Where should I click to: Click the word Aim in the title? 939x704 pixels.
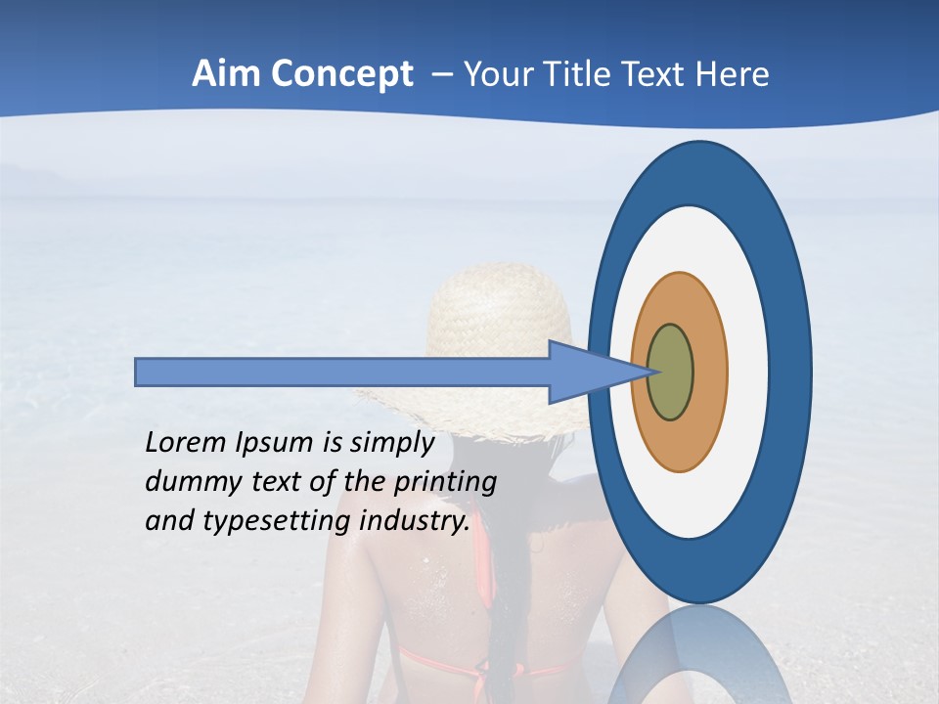(x=227, y=74)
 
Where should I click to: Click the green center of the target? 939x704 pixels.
(x=670, y=372)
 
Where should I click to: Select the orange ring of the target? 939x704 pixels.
(x=708, y=372)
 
